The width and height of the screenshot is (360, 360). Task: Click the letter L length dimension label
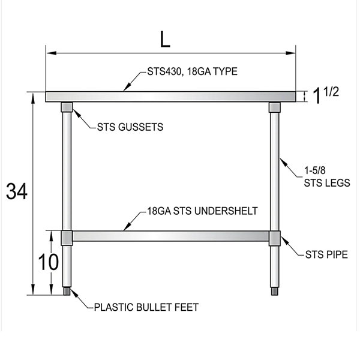pyautogui.click(x=165, y=39)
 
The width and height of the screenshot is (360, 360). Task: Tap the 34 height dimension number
pyautogui.click(x=17, y=191)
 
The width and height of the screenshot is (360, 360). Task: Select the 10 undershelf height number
pyautogui.click(x=48, y=262)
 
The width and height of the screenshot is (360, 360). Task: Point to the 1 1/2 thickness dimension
pyautogui.click(x=326, y=95)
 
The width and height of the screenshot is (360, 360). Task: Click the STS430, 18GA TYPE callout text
pyautogui.click(x=192, y=71)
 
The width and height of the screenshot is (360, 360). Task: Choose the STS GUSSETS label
pyautogui.click(x=130, y=127)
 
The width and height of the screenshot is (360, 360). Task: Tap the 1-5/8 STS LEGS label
pyautogui.click(x=327, y=177)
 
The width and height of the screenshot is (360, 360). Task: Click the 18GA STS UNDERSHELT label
pyautogui.click(x=202, y=211)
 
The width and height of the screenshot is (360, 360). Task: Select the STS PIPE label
pyautogui.click(x=326, y=254)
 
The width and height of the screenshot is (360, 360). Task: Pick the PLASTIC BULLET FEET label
pyautogui.click(x=146, y=307)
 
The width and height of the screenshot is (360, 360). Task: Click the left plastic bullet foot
pyautogui.click(x=67, y=291)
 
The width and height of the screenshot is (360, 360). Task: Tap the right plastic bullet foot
pyautogui.click(x=275, y=291)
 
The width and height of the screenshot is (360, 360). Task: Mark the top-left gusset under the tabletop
pyautogui.click(x=67, y=107)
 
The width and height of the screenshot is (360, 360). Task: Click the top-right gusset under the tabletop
pyautogui.click(x=275, y=107)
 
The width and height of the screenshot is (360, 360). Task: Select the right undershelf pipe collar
pyautogui.click(x=275, y=238)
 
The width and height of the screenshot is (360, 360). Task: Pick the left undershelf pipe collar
pyautogui.click(x=67, y=238)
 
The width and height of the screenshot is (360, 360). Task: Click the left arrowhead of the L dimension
pyautogui.click(x=51, y=53)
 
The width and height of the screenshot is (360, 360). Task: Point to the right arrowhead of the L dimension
pyautogui.click(x=290, y=53)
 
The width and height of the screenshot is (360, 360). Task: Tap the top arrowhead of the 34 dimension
pyautogui.click(x=33, y=97)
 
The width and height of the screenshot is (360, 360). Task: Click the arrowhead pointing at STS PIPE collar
pyautogui.click(x=284, y=241)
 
